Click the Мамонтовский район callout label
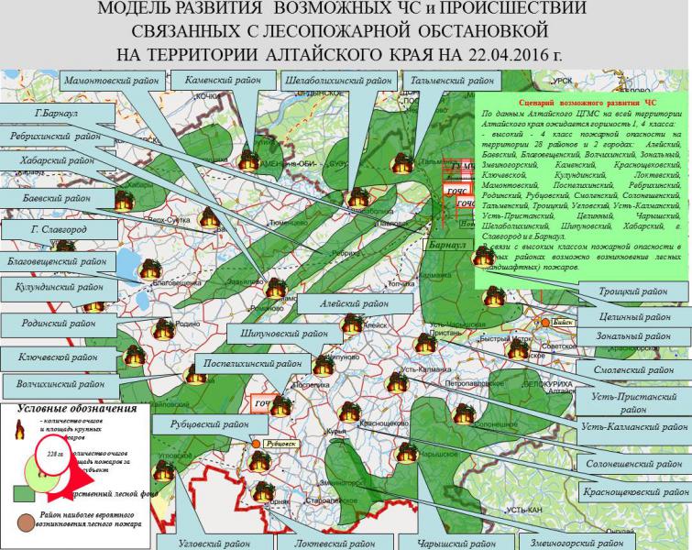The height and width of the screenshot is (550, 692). pyautogui.click(x=108, y=82)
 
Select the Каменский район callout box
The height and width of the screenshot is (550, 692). pyautogui.click(x=217, y=81)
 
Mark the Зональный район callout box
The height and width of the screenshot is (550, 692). pyautogui.click(x=632, y=336)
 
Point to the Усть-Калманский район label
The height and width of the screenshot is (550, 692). pyautogui.click(x=633, y=426)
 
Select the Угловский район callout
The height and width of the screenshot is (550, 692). pyautogui.click(x=213, y=542)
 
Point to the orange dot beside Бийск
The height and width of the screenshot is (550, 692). pyautogui.click(x=544, y=323)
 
